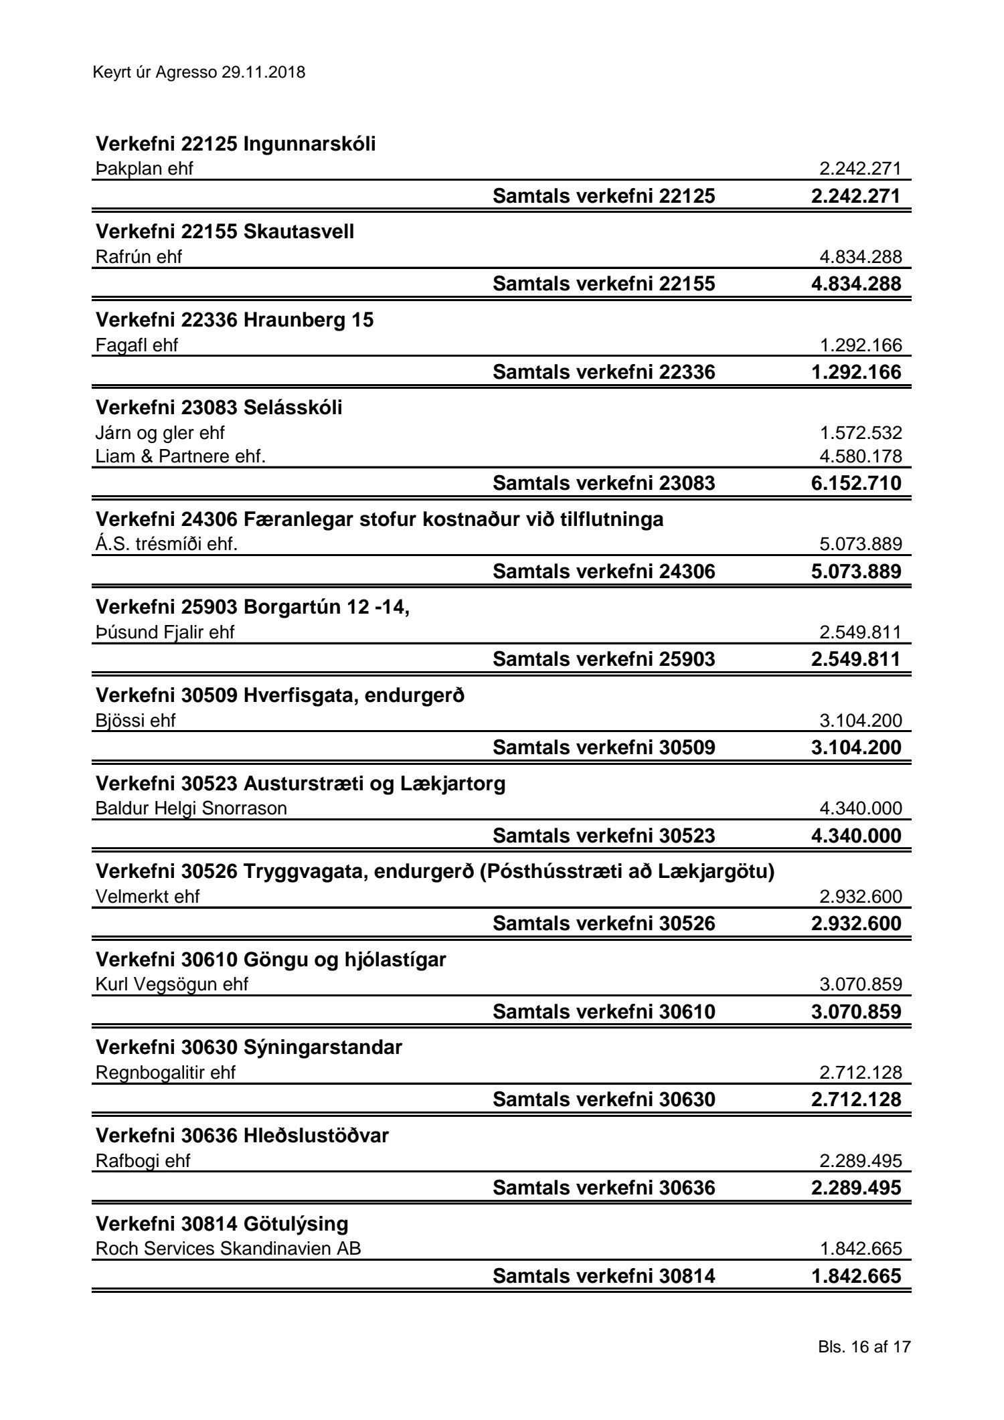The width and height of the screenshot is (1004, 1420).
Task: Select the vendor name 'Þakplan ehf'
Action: pos(144,169)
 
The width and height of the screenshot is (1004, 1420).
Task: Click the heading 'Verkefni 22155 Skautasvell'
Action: pos(225,232)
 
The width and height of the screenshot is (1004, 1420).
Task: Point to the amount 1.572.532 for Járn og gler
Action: pos(861,433)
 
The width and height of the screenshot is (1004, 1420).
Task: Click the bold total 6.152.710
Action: pos(856,482)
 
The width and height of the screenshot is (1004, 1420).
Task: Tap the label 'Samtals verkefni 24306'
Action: pos(604,571)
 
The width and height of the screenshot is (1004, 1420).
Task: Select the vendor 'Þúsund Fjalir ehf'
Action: pos(165,632)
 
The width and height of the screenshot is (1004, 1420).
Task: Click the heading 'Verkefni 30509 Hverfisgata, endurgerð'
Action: pos(280,695)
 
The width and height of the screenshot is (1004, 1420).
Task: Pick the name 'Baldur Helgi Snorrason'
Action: pos(191,808)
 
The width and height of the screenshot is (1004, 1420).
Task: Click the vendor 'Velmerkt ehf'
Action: pos(148,896)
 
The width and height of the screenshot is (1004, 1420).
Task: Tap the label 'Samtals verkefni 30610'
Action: pos(604,1011)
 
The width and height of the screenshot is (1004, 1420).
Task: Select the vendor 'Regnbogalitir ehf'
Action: pos(165,1073)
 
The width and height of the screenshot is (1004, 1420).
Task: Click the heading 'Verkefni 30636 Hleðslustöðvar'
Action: pos(242,1136)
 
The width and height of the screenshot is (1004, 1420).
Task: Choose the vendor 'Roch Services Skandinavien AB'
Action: pos(228,1249)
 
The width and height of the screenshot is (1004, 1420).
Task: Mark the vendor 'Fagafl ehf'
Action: pos(137,345)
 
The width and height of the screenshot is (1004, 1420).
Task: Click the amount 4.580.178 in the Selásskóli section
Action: pos(861,456)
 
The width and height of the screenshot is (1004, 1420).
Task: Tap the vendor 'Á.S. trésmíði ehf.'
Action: pos(167,544)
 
